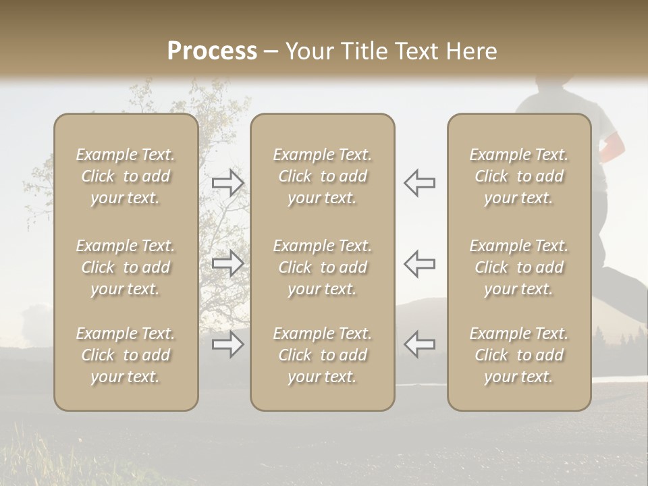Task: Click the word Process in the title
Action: pyautogui.click(x=212, y=51)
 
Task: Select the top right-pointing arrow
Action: pyautogui.click(x=227, y=182)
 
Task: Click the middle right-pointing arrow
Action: pyautogui.click(x=227, y=263)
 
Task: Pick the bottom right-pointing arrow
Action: pyautogui.click(x=227, y=344)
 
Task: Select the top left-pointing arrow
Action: pyautogui.click(x=419, y=182)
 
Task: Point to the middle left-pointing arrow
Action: pyautogui.click(x=419, y=263)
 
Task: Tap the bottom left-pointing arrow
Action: pyautogui.click(x=419, y=344)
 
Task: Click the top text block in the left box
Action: pyautogui.click(x=126, y=176)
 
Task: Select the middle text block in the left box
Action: pyautogui.click(x=126, y=267)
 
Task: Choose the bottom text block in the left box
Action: pyautogui.click(x=126, y=355)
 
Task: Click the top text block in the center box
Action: pyautogui.click(x=322, y=176)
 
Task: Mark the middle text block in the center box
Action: pyautogui.click(x=322, y=267)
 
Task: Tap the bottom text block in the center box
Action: pyautogui.click(x=322, y=355)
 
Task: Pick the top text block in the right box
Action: pyautogui.click(x=518, y=176)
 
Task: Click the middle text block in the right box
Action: pyautogui.click(x=518, y=267)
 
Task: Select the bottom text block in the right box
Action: pyautogui.click(x=518, y=355)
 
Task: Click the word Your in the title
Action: pyautogui.click(x=309, y=51)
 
